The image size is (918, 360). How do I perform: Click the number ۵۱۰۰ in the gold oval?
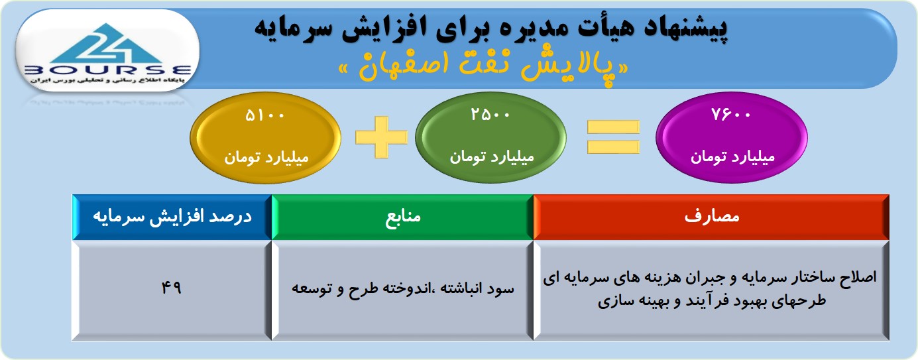264,115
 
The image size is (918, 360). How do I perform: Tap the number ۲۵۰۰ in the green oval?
490,115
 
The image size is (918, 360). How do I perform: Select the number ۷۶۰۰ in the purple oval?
730,115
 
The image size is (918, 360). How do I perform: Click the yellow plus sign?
381,137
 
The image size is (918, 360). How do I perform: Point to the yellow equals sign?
613,137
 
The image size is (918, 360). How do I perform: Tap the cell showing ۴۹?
171,290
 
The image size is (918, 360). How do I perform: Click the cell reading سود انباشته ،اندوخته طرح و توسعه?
402,290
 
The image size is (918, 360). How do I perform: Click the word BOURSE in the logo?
107,70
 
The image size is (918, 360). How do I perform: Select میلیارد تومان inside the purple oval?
732,157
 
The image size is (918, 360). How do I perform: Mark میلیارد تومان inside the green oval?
492,157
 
